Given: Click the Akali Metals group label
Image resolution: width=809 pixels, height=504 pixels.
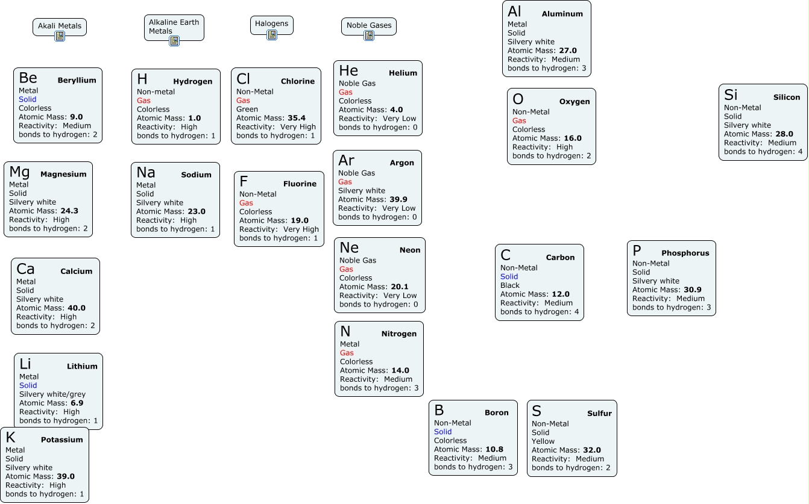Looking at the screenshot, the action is pyautogui.click(x=59, y=26).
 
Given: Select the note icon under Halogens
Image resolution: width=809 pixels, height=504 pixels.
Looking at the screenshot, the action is pyautogui.click(x=272, y=35).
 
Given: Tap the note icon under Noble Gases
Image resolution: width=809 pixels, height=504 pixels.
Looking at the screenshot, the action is pyautogui.click(x=369, y=36).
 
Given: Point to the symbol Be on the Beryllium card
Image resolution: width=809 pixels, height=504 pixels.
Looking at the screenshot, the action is pyautogui.click(x=28, y=78).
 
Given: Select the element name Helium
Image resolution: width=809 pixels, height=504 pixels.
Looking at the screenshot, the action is pyautogui.click(x=403, y=73).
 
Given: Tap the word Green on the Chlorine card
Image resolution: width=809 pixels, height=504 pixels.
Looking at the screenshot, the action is pyautogui.click(x=247, y=110).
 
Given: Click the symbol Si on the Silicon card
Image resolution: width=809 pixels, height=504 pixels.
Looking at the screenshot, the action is pyautogui.click(x=731, y=95).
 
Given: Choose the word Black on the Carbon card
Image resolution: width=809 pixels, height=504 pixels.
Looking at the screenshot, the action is pyautogui.click(x=510, y=285).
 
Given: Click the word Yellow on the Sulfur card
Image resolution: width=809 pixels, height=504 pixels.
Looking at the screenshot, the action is pyautogui.click(x=543, y=441).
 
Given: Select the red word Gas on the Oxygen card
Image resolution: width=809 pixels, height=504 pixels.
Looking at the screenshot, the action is pyautogui.click(x=519, y=120).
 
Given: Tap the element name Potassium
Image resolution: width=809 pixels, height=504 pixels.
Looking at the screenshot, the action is pyautogui.click(x=62, y=440).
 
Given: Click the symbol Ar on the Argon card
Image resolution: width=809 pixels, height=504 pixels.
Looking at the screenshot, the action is pyautogui.click(x=346, y=160).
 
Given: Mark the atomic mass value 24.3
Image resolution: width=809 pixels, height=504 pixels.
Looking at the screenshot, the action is pyautogui.click(x=69, y=211).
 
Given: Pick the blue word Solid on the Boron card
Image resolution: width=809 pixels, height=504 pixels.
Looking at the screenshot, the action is pyautogui.click(x=442, y=432).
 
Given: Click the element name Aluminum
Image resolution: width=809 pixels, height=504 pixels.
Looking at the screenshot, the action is pyautogui.click(x=562, y=14).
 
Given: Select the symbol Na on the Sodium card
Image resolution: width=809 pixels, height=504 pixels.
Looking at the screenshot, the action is pyautogui.click(x=146, y=172).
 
